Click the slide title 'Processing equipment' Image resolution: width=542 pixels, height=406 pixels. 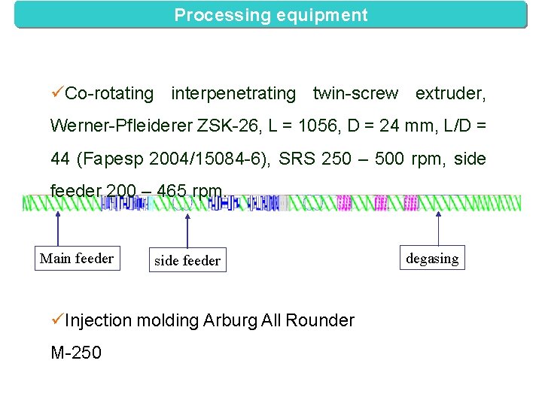click(x=271, y=15)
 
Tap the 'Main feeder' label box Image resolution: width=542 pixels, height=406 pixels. click(x=76, y=259)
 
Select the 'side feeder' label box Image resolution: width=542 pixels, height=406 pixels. click(x=187, y=261)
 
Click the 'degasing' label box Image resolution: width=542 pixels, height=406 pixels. click(x=432, y=259)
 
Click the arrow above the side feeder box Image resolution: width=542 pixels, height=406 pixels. click(x=187, y=229)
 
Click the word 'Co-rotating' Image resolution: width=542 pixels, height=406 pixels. click(x=109, y=93)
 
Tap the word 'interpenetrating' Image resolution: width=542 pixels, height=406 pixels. click(x=233, y=93)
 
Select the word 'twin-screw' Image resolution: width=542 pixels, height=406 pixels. click(x=355, y=93)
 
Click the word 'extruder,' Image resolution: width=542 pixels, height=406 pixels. click(x=450, y=93)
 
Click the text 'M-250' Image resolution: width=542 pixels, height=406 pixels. click(x=75, y=353)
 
